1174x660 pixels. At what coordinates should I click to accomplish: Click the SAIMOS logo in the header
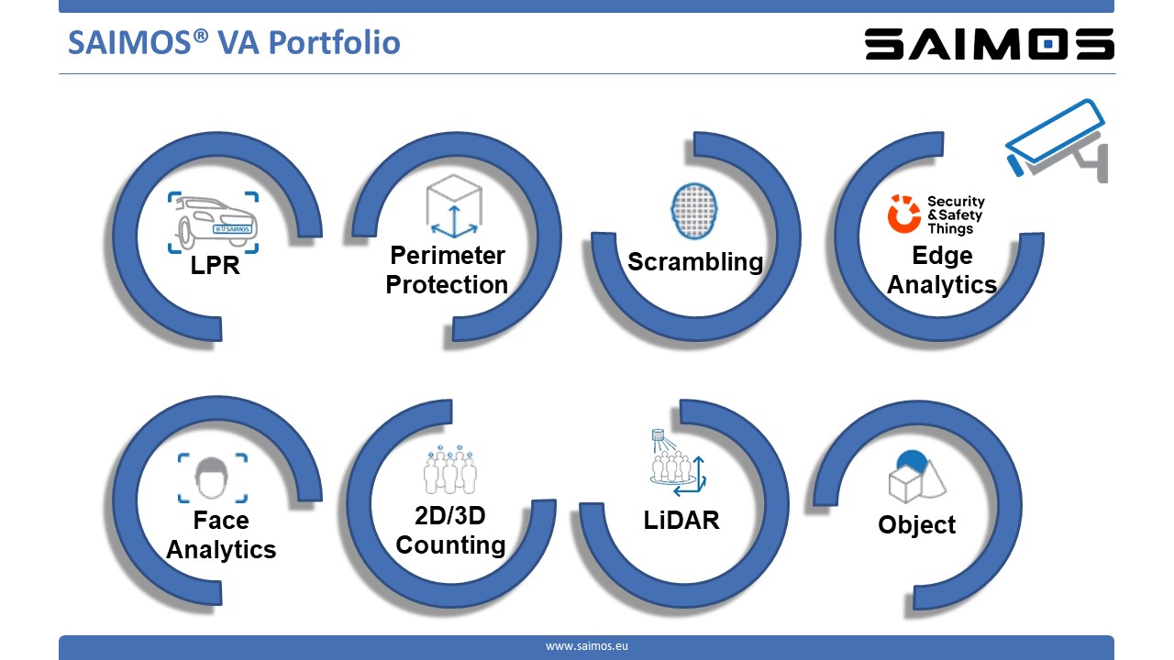pyautogui.click(x=990, y=44)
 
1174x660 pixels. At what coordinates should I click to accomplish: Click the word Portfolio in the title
pyautogui.click(x=335, y=42)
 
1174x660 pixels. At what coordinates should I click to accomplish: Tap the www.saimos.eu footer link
pyautogui.click(x=586, y=646)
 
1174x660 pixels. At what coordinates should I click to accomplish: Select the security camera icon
pyautogui.click(x=1058, y=140)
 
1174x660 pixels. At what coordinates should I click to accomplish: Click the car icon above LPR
pyautogui.click(x=214, y=223)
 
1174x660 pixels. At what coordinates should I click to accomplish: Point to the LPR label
pyautogui.click(x=215, y=265)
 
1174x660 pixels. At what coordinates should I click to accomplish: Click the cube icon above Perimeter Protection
pyautogui.click(x=454, y=206)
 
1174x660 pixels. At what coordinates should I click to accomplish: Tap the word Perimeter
pyautogui.click(x=448, y=256)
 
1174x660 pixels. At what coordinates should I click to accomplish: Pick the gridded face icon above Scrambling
pyautogui.click(x=694, y=211)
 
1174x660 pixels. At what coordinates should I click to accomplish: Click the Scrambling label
pyautogui.click(x=695, y=261)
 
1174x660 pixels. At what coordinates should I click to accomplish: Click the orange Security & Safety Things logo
pyautogui.click(x=936, y=214)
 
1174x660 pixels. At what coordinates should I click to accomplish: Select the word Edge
pyautogui.click(x=942, y=256)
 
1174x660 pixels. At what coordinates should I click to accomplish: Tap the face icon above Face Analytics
pyautogui.click(x=212, y=478)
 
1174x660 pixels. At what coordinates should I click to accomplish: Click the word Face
pyautogui.click(x=221, y=520)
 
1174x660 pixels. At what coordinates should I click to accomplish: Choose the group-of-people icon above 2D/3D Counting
pyautogui.click(x=450, y=469)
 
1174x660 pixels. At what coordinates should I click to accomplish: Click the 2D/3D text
pyautogui.click(x=450, y=516)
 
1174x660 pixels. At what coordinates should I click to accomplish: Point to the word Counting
pyautogui.click(x=450, y=545)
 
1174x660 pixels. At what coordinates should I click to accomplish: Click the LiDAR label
pyautogui.click(x=681, y=520)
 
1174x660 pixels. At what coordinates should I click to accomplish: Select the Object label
pyautogui.click(x=916, y=525)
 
